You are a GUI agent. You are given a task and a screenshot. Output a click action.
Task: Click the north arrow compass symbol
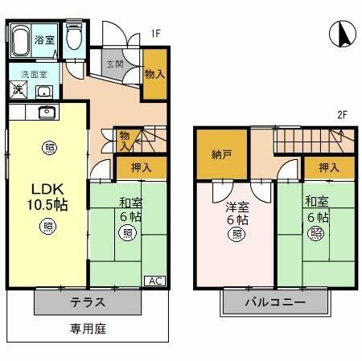[342, 35]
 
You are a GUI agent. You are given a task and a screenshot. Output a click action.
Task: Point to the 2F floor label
[341, 115]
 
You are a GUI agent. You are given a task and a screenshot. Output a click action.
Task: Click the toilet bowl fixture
[74, 37]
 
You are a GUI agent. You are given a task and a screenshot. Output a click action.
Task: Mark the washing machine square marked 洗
[18, 88]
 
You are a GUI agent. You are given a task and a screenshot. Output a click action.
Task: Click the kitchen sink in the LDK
[44, 112]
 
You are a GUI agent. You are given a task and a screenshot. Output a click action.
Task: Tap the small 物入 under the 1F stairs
[125, 141]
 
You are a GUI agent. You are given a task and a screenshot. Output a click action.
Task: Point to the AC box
[156, 281]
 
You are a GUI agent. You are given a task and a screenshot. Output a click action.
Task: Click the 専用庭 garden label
[88, 328]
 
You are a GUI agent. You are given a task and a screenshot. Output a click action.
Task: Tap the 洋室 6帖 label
[237, 214]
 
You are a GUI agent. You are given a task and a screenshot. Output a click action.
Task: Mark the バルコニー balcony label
[275, 303]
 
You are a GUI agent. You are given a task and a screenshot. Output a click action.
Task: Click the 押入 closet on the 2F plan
[328, 167]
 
